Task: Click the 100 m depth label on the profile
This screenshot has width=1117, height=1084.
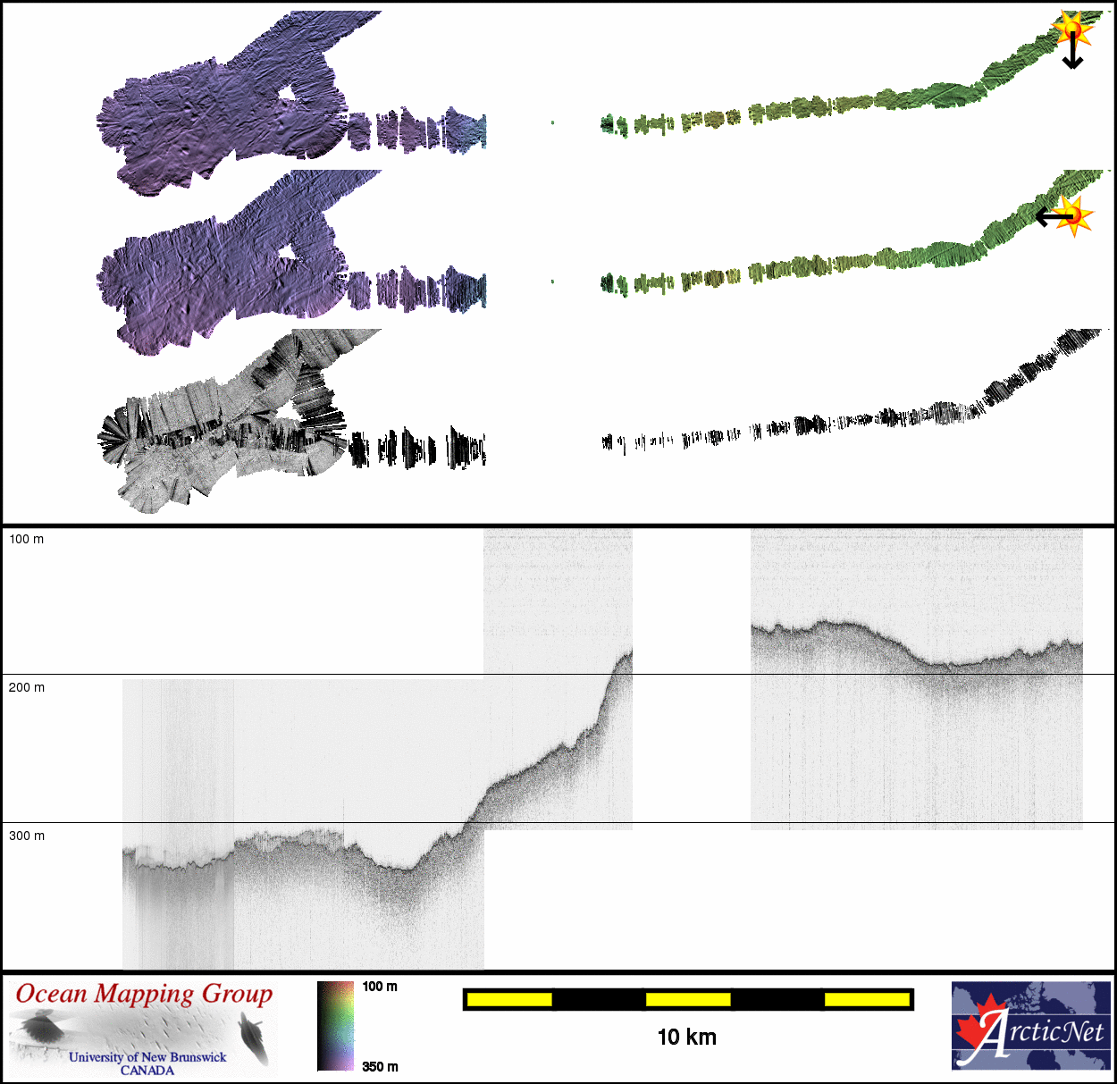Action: point(26,539)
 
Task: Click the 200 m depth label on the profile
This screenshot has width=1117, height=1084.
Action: point(26,687)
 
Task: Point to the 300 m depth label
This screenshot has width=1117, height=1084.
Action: point(26,836)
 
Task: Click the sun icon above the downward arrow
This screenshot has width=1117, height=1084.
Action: point(1072,29)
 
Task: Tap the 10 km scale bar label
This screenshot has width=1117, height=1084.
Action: point(686,1037)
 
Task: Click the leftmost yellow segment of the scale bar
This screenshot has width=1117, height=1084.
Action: point(508,999)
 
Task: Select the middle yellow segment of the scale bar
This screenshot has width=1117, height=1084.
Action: point(687,999)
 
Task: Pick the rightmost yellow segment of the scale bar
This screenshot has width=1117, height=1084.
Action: point(866,999)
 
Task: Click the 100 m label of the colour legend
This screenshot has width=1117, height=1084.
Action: point(380,987)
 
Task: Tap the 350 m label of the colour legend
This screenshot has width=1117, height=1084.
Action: point(380,1066)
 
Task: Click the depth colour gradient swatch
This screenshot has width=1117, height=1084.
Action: point(336,1026)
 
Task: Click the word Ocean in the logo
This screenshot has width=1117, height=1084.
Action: point(52,995)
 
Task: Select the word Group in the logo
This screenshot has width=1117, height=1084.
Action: point(237,995)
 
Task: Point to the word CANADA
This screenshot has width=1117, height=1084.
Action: point(147,1070)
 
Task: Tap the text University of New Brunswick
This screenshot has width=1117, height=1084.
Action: point(147,1057)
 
